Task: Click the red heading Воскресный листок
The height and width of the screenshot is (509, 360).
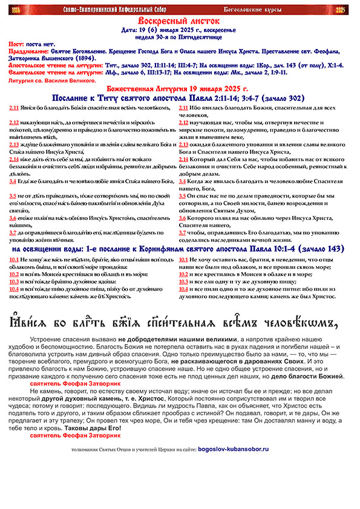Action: point(180,21)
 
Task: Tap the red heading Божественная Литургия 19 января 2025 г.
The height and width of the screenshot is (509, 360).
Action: point(180,88)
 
